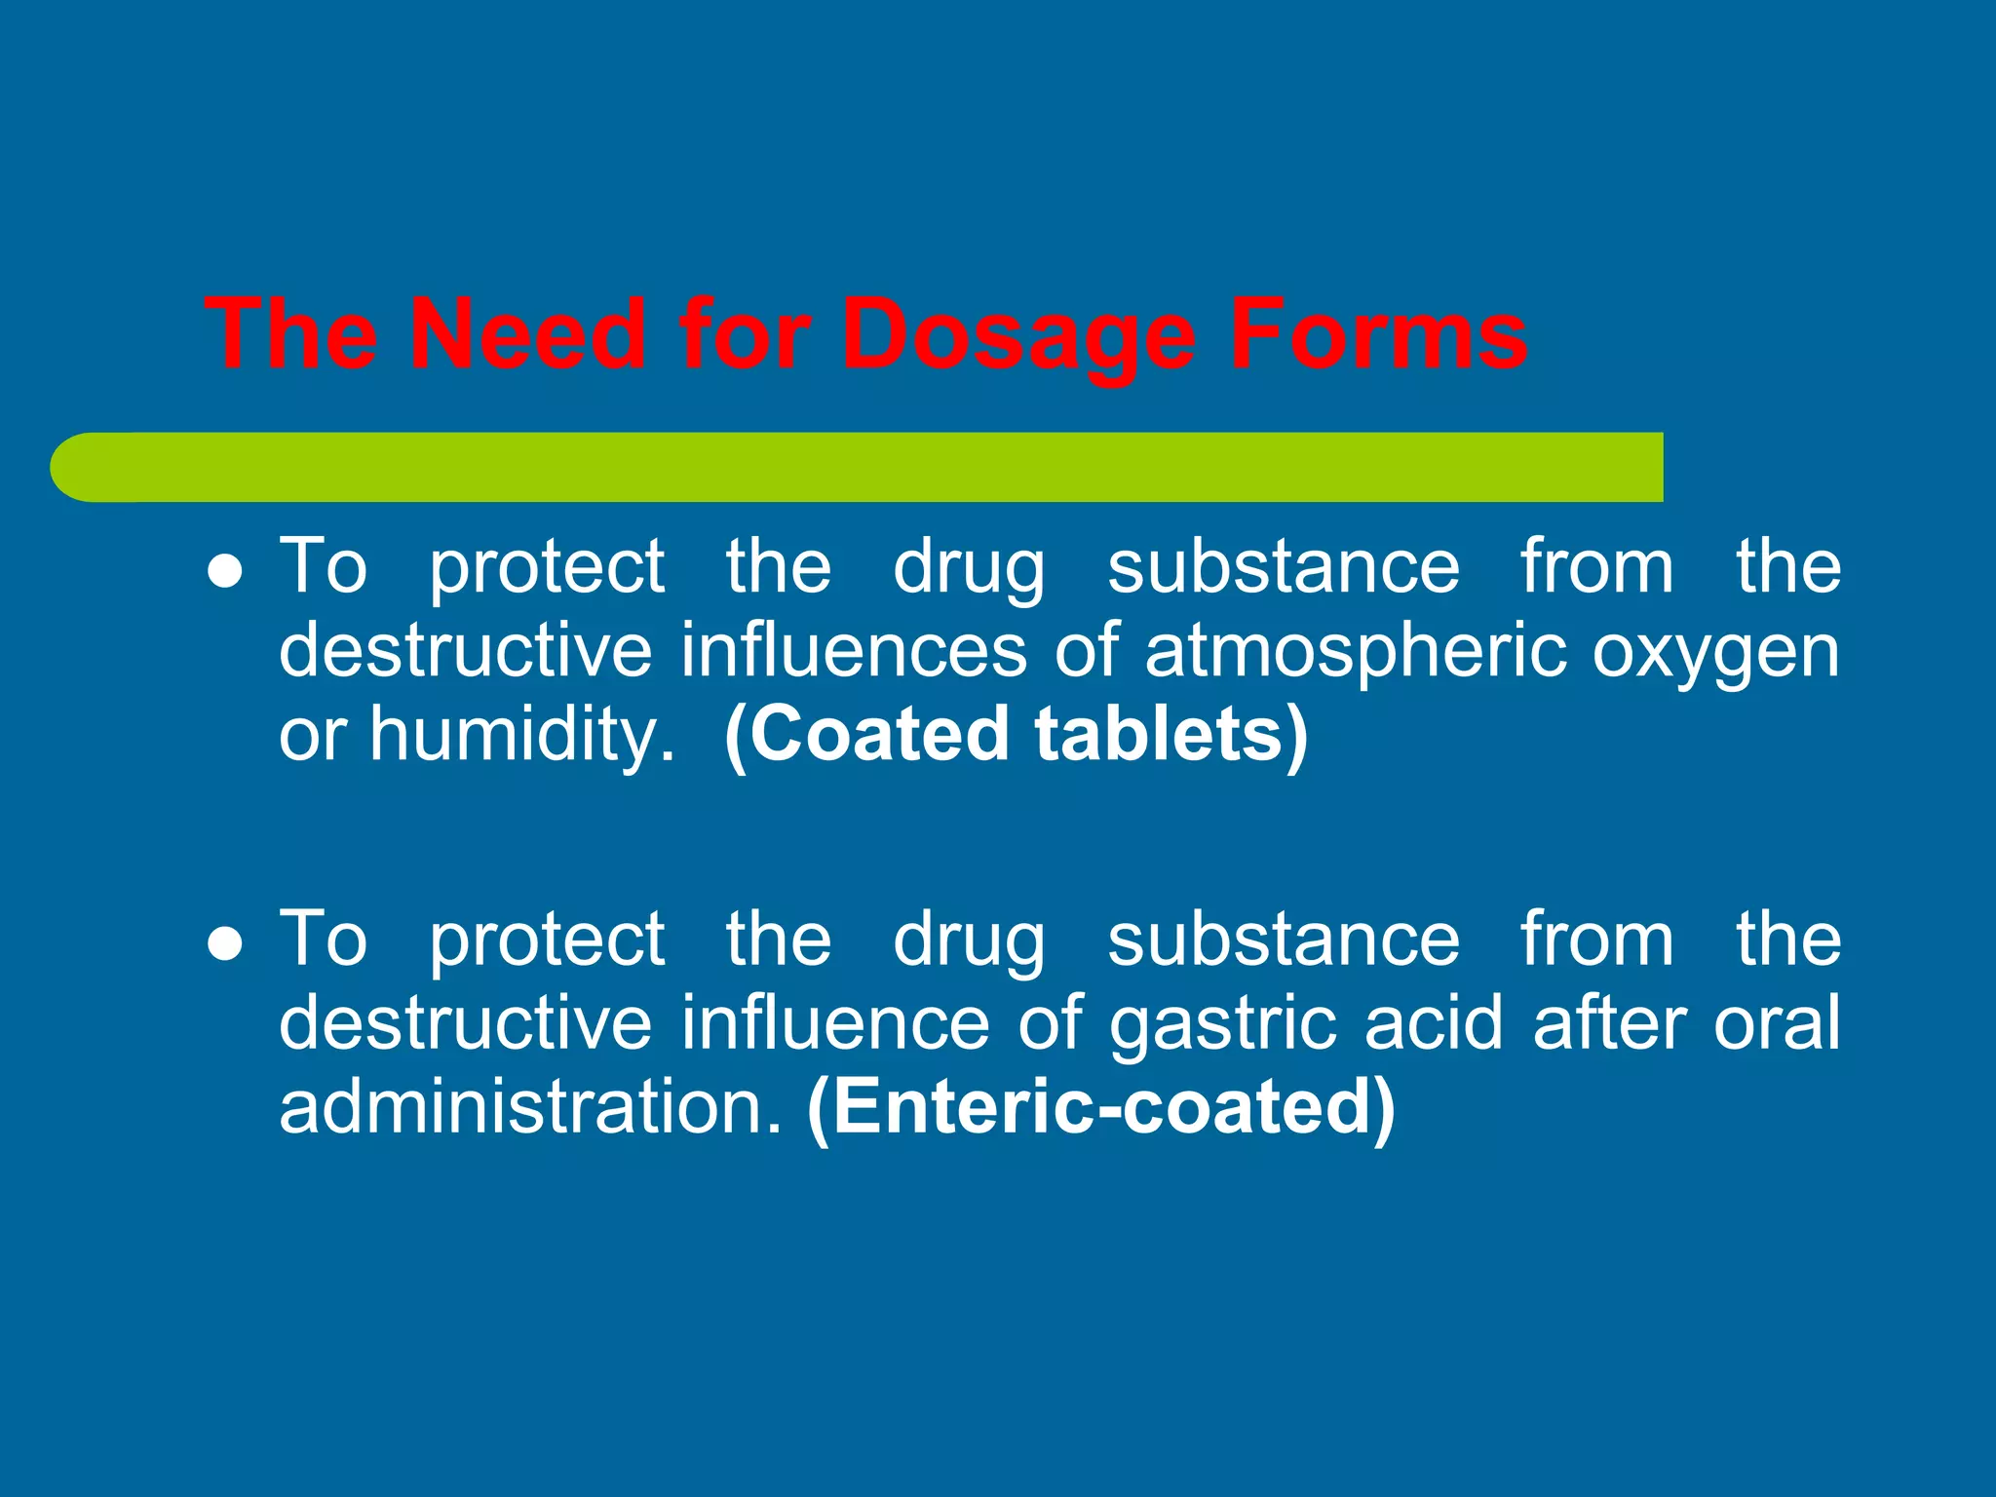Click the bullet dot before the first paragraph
pos(225,572)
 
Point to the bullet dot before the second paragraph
pos(225,944)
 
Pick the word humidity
pos(521,733)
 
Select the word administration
pos(530,1107)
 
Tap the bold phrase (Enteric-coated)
pos(1101,1109)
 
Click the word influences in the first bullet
pos(853,651)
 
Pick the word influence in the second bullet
pos(834,1023)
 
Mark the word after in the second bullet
pos(1609,1023)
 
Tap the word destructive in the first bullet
pos(465,651)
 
